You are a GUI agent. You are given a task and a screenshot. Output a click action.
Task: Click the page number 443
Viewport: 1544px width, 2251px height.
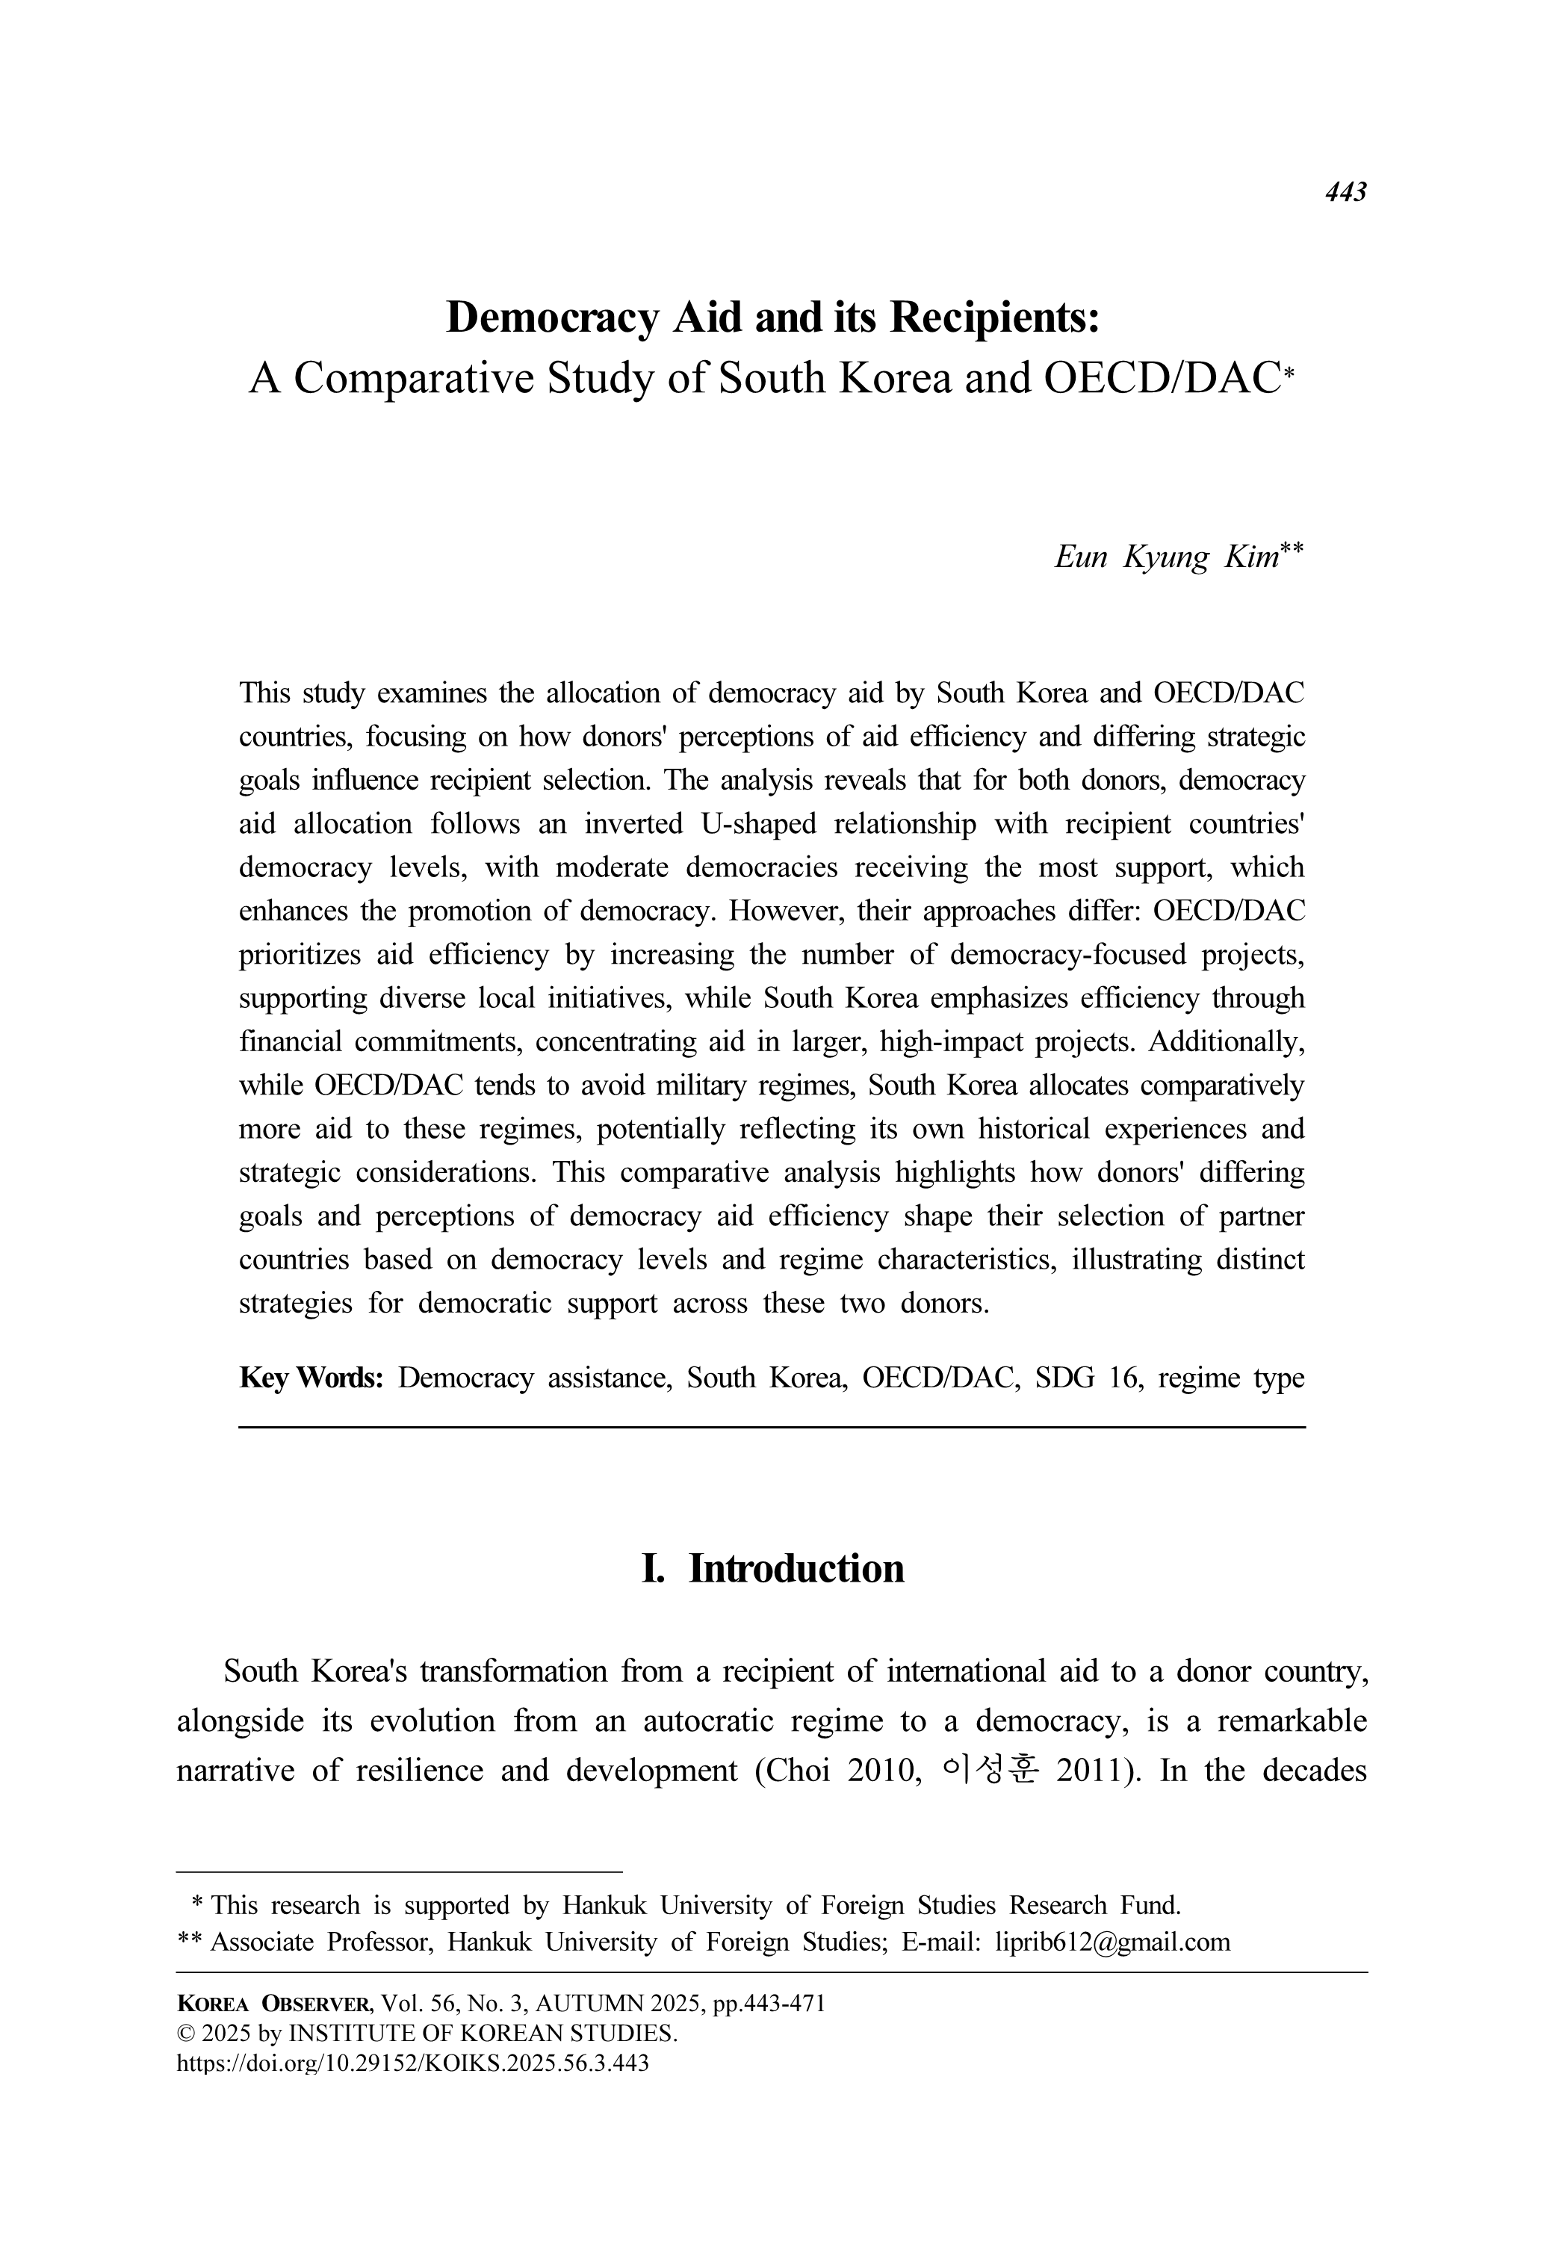point(1345,192)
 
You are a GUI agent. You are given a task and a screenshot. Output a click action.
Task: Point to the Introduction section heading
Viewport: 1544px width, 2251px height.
point(796,1568)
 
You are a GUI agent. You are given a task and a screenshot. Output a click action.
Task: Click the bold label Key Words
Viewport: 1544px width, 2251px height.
point(311,1378)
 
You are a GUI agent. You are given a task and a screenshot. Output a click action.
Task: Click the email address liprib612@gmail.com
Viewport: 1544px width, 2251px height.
point(1113,1942)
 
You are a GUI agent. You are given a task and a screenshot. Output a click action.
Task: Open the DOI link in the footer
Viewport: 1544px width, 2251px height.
point(412,2062)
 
